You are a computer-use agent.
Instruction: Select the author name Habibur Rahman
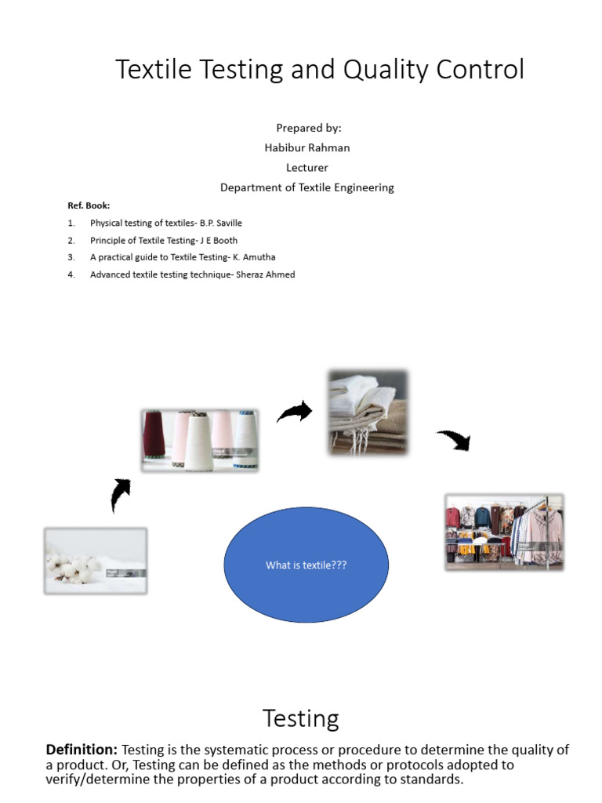307,147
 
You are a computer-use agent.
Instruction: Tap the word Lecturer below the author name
307,167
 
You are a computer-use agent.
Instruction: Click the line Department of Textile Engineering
307,187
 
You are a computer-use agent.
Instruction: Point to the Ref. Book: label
89,205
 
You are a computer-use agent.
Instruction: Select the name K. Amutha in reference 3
254,257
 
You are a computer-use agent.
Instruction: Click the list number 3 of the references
71,257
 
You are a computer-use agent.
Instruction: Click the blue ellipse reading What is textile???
306,565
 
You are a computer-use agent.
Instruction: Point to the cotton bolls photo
96,560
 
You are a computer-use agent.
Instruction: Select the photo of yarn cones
200,440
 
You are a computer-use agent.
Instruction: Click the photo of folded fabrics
368,412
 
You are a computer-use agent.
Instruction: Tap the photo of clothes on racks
504,531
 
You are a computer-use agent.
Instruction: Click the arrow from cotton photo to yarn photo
121,495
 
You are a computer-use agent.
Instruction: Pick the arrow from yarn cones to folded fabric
295,412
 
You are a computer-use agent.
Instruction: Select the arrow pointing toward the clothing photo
455,439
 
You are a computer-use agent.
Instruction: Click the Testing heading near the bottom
301,718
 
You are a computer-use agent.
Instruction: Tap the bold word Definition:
82,750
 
